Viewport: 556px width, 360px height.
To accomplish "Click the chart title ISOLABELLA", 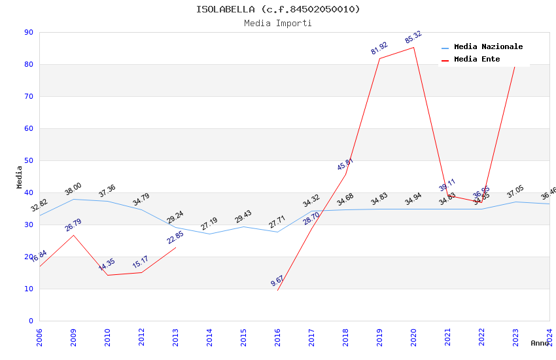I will [x=278, y=9].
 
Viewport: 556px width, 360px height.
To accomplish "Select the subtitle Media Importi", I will [x=278, y=23].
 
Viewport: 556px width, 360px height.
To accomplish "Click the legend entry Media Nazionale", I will [x=488, y=47].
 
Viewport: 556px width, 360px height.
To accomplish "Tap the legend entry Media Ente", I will [x=477, y=60].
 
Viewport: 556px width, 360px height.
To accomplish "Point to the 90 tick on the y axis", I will [x=28, y=32].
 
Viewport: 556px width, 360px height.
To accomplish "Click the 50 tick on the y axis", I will [x=28, y=160].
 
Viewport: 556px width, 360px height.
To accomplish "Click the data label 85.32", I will [x=413, y=38].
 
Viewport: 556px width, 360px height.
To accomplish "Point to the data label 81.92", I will [x=379, y=48].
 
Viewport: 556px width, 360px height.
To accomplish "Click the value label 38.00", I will [x=73, y=190].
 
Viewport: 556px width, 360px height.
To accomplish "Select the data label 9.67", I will [x=277, y=281].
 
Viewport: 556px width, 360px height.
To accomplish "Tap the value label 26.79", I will [x=73, y=226].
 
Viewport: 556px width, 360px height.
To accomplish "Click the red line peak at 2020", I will [x=413, y=47].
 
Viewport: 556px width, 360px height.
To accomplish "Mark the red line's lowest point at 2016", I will [x=277, y=290].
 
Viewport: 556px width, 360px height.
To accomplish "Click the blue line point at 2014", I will [x=209, y=234].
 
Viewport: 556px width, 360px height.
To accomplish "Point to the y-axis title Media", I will [x=20, y=177].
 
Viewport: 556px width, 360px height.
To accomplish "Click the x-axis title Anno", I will [x=540, y=343].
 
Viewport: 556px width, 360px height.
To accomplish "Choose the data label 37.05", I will [x=515, y=192].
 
